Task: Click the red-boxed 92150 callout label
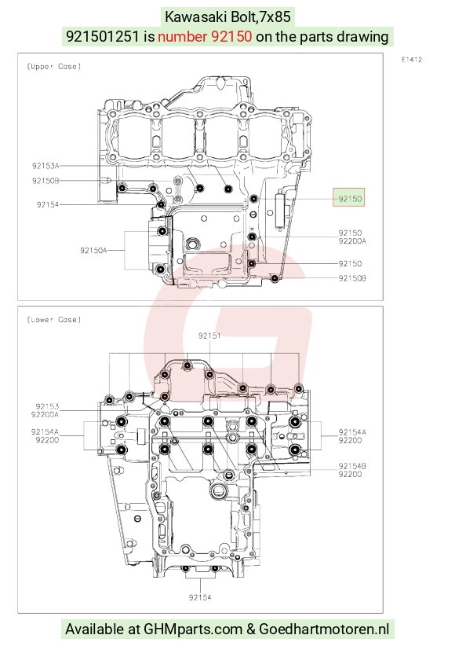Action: pyautogui.click(x=349, y=199)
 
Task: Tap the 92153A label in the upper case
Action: pyautogui.click(x=45, y=166)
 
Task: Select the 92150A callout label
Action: pyautogui.click(x=93, y=250)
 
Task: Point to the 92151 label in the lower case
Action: pyautogui.click(x=209, y=336)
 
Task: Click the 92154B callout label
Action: pyautogui.click(x=352, y=466)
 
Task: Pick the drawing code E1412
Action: pyautogui.click(x=412, y=60)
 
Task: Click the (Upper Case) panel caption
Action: pyautogui.click(x=54, y=66)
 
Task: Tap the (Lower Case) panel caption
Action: pyautogui.click(x=54, y=320)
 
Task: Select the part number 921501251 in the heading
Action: pyautogui.click(x=103, y=37)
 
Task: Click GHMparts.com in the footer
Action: pyautogui.click(x=193, y=629)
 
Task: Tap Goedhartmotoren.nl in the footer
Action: pyautogui.click(x=324, y=629)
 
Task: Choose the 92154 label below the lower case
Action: pyautogui.click(x=200, y=597)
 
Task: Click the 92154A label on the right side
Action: pyautogui.click(x=352, y=432)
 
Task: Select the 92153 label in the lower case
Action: pyautogui.click(x=47, y=406)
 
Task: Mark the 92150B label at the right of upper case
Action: pyautogui.click(x=352, y=278)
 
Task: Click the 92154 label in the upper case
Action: pyautogui.click(x=48, y=204)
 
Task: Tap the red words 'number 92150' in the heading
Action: pyautogui.click(x=205, y=37)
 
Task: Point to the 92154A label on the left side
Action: pyautogui.click(x=45, y=432)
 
